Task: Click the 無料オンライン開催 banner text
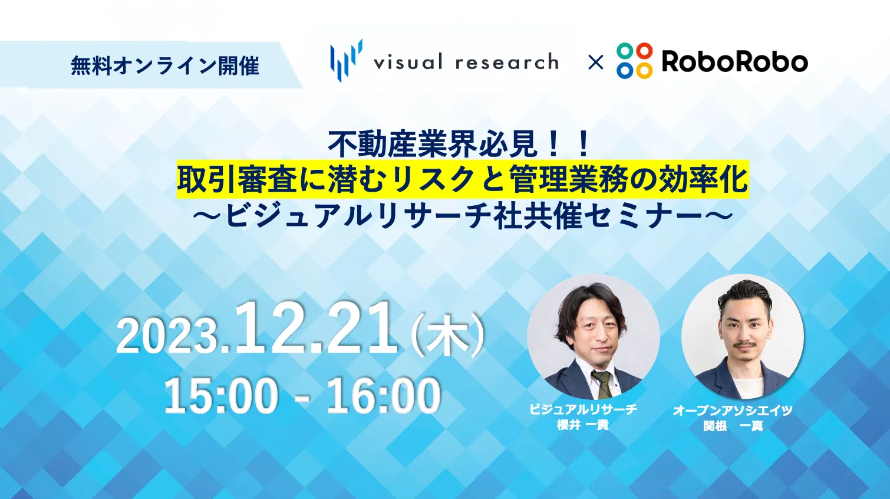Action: click(x=165, y=65)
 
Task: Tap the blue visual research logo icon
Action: click(x=346, y=61)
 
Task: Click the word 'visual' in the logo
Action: click(x=408, y=63)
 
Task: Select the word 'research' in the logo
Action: click(x=507, y=63)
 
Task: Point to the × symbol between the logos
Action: click(x=595, y=63)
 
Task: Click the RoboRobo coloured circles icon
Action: click(x=635, y=60)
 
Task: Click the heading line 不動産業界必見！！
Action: click(x=460, y=145)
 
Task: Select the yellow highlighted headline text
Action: click(x=463, y=179)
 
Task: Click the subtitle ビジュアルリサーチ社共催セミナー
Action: click(x=463, y=216)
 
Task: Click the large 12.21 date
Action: click(x=315, y=328)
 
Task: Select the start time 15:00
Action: click(x=221, y=396)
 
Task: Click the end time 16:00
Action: click(x=384, y=396)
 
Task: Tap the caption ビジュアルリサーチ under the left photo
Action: click(x=584, y=409)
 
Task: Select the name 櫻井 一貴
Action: click(x=582, y=425)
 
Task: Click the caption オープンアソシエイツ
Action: click(x=733, y=411)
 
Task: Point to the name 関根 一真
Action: click(x=733, y=426)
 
